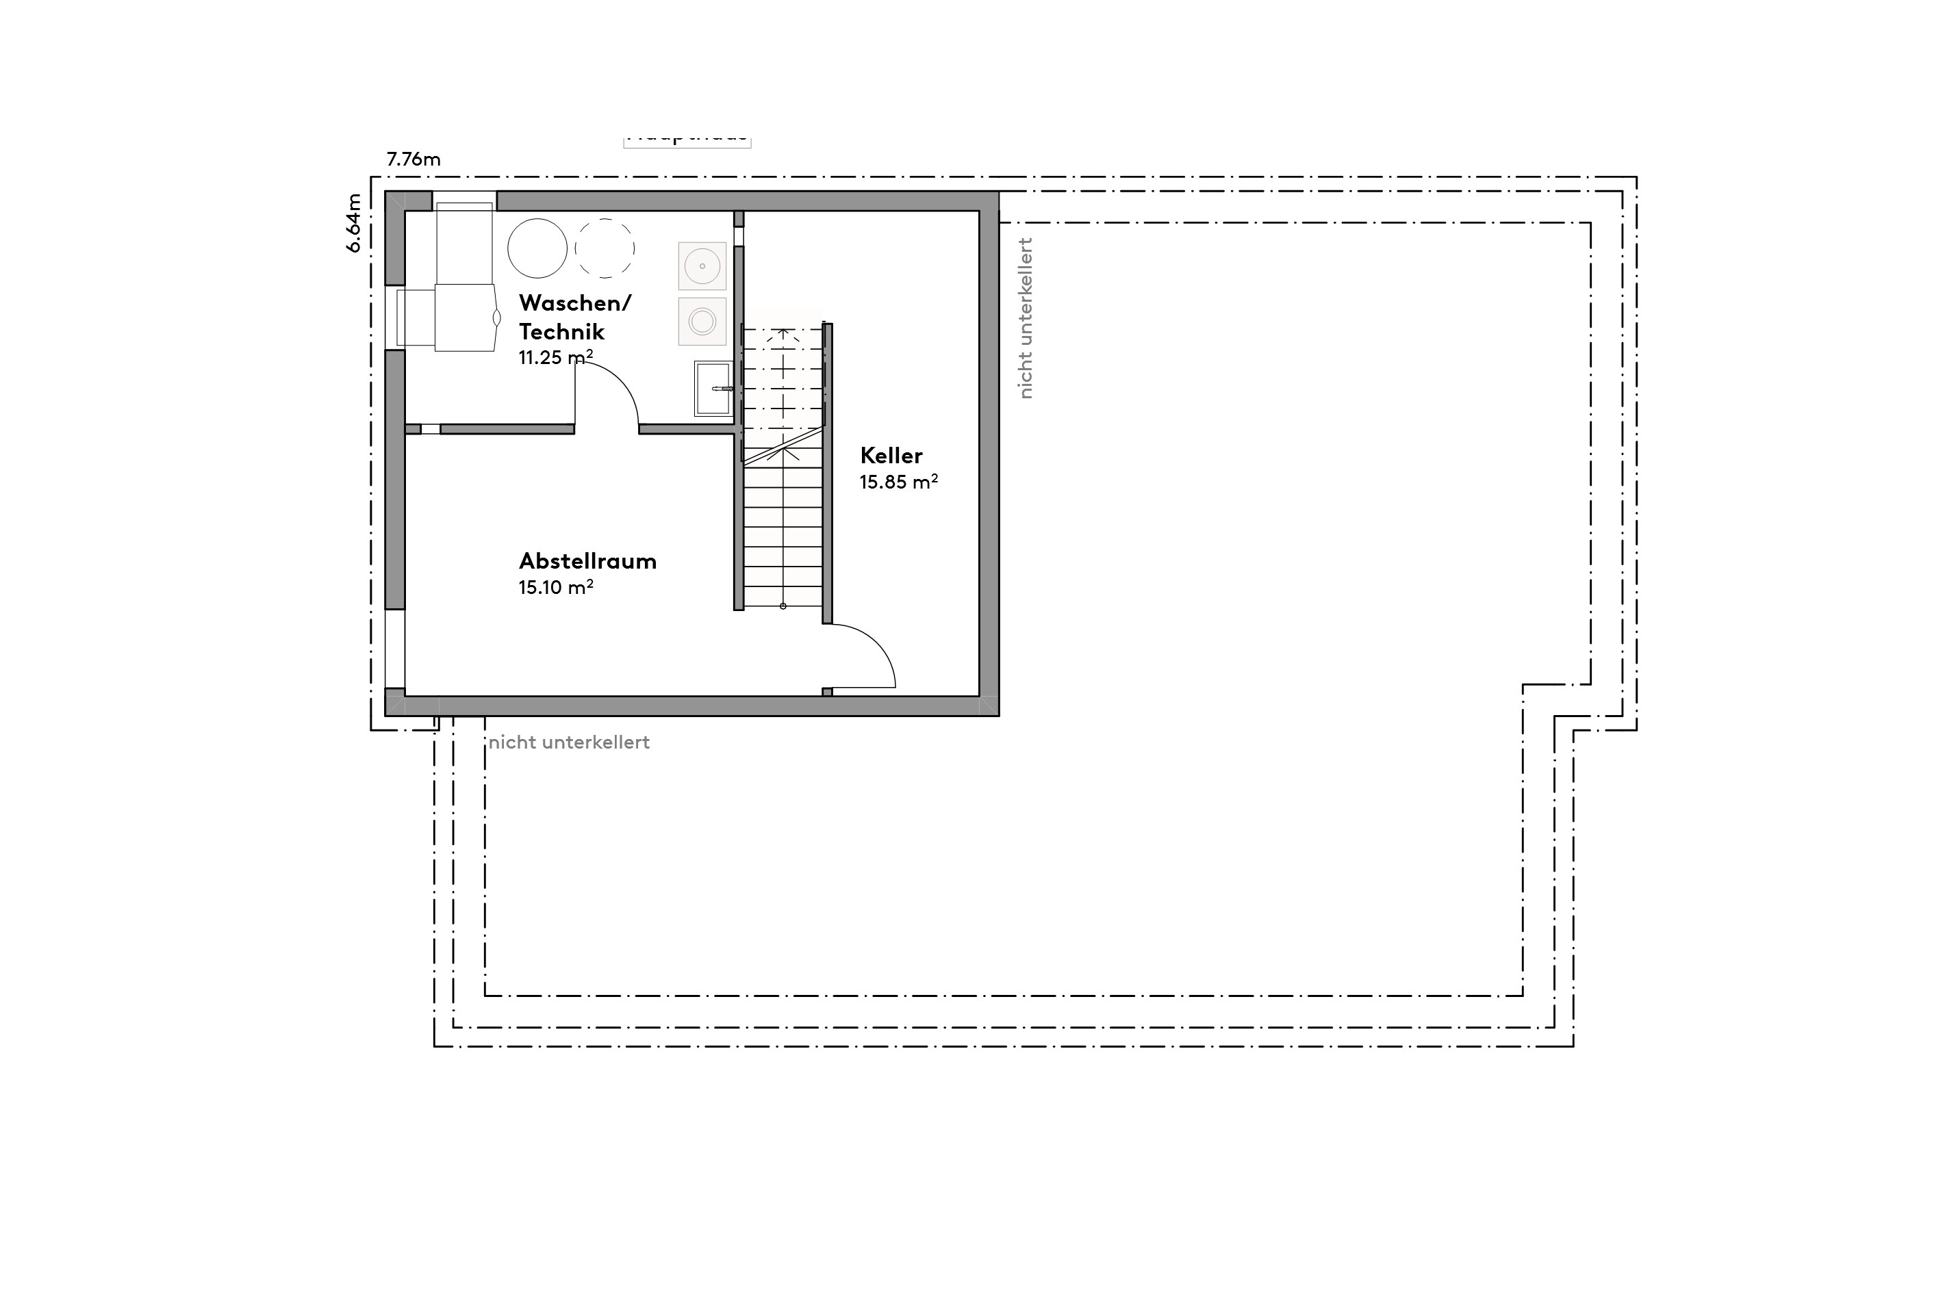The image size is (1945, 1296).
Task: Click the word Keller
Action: click(891, 456)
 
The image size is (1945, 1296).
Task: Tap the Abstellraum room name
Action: click(587, 561)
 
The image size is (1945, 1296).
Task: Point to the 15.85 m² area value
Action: click(898, 482)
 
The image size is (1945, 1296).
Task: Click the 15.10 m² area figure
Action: click(556, 588)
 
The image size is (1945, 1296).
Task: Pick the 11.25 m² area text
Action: click(556, 358)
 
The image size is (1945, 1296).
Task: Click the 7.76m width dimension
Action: click(414, 159)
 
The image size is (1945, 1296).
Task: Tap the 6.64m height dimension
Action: click(354, 223)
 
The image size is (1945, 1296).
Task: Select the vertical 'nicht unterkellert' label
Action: click(1026, 318)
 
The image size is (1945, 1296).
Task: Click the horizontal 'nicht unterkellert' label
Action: click(569, 743)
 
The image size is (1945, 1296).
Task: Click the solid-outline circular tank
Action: click(537, 248)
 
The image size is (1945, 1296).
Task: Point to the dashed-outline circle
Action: click(605, 248)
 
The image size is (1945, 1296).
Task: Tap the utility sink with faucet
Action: click(713, 388)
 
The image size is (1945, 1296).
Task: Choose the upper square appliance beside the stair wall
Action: click(702, 265)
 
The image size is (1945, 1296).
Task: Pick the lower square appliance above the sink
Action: click(702, 321)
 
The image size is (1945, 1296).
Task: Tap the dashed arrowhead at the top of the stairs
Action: click(783, 335)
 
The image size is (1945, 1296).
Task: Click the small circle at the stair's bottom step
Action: click(783, 607)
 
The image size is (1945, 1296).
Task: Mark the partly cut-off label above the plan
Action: click(687, 138)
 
